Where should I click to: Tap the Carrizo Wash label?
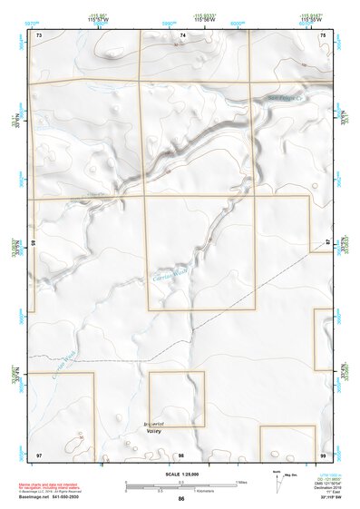click(171, 279)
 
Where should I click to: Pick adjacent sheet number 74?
click(182, 35)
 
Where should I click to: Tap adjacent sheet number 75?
click(323, 35)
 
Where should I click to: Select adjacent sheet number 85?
click(34, 243)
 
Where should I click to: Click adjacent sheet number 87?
click(327, 243)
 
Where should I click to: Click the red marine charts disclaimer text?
click(54, 485)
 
